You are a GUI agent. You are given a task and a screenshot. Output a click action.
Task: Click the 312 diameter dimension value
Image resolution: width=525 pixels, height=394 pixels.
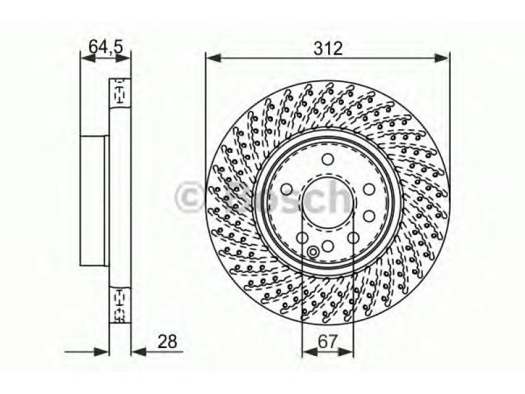click(x=328, y=49)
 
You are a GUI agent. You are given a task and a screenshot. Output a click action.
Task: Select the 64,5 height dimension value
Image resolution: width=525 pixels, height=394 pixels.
click(x=106, y=46)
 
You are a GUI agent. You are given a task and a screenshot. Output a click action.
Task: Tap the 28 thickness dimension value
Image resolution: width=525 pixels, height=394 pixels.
click(x=167, y=341)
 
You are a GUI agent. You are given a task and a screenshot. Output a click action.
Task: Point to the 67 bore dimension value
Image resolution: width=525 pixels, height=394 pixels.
click(x=327, y=341)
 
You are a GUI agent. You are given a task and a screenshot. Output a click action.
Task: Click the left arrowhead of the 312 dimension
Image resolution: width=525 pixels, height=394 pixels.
click(x=213, y=58)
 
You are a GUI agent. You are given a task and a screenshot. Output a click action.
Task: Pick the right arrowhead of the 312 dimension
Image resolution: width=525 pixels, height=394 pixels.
click(x=440, y=58)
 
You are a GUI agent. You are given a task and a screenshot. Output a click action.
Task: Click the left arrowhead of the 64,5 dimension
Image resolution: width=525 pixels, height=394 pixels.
click(x=89, y=58)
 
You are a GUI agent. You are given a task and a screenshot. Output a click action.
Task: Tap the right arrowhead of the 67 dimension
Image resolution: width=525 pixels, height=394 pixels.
click(x=346, y=352)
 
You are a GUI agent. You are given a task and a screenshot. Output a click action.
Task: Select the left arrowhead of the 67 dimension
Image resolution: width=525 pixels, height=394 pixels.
click(x=310, y=352)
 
